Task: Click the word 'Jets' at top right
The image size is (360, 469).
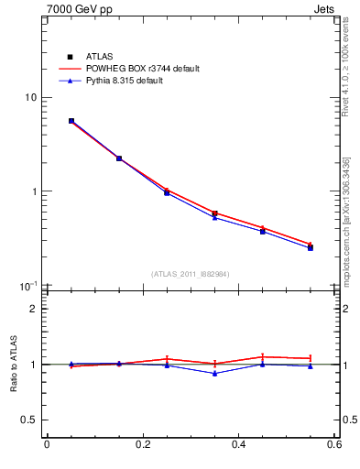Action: coord(323,9)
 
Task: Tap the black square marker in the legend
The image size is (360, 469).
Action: coord(70,57)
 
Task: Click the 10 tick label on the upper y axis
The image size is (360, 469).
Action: coord(31,98)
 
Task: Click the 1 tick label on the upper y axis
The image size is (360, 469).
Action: coord(34,191)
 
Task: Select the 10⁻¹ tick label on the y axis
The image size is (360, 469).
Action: coord(29,285)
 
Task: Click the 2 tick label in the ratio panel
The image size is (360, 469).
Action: coord(34,309)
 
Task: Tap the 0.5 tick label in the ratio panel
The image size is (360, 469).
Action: coord(29,420)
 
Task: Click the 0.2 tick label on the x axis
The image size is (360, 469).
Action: coord(142,445)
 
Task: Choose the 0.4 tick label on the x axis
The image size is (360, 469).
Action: coord(238,445)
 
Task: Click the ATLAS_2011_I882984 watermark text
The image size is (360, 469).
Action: coord(190,274)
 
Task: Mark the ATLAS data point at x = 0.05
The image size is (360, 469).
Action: coord(71,121)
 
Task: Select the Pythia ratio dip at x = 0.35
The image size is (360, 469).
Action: coord(214,373)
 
